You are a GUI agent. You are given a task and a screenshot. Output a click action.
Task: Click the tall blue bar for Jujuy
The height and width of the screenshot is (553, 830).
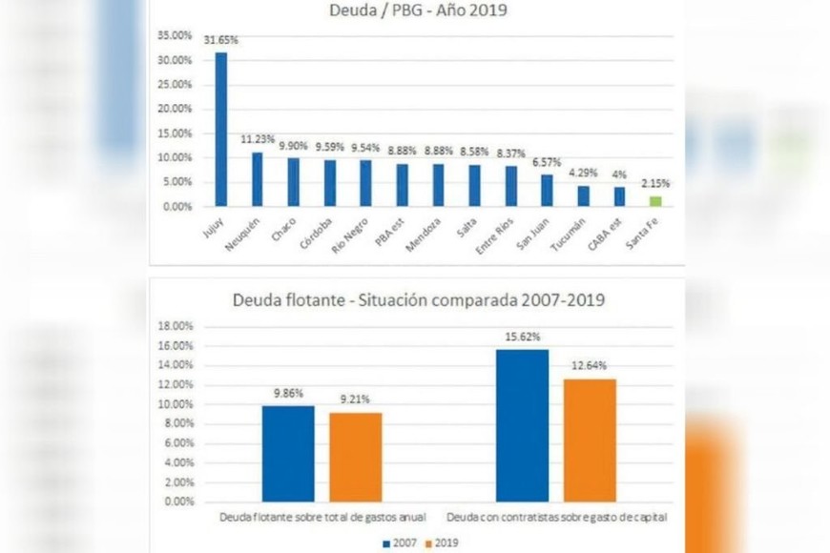[221, 129]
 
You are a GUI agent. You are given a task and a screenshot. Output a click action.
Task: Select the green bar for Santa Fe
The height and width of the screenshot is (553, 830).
[655, 200]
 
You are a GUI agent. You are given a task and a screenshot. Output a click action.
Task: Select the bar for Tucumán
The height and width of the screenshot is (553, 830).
[583, 195]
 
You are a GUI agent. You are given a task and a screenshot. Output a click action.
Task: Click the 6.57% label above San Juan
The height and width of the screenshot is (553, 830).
[547, 162]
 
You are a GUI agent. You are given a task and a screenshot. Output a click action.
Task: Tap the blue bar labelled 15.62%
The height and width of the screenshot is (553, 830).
[522, 425]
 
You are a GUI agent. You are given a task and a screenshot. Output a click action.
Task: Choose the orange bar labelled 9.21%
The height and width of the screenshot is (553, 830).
[355, 457]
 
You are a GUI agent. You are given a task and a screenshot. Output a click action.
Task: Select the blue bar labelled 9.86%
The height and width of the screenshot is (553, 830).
[288, 453]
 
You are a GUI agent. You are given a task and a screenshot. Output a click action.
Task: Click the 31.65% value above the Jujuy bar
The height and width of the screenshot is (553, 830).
[221, 41]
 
